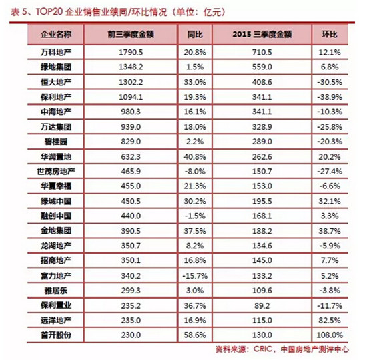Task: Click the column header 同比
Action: click(195, 35)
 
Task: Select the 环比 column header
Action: click(330, 35)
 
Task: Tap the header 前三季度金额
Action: click(131, 35)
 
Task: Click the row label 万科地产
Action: click(56, 52)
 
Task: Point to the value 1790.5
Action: click(131, 53)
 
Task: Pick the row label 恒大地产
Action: click(56, 82)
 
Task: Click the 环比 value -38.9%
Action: click(330, 97)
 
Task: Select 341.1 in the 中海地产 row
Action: click(262, 112)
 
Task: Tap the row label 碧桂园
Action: click(56, 142)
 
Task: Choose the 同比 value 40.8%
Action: click(195, 157)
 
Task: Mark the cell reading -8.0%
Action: click(195, 172)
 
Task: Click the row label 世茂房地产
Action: click(56, 172)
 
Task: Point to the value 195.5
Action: click(262, 202)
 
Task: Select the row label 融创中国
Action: click(56, 216)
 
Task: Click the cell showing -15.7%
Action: click(195, 276)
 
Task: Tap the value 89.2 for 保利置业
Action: click(262, 306)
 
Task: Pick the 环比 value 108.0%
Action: click(330, 335)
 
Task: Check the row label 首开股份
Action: click(56, 335)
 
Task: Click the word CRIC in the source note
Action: click(263, 349)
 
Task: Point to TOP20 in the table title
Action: click(49, 12)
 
